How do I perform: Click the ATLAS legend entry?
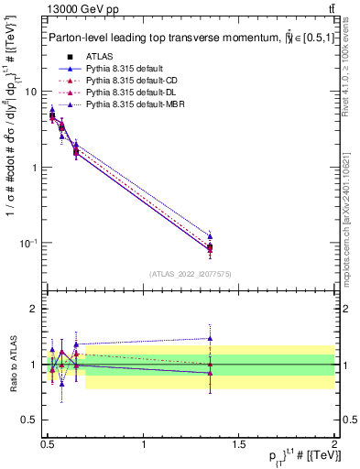[x=99, y=57]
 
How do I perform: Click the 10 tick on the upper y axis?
[x=31, y=92]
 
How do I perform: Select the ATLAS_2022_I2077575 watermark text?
[x=191, y=273]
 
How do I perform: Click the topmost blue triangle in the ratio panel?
[x=210, y=338]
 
